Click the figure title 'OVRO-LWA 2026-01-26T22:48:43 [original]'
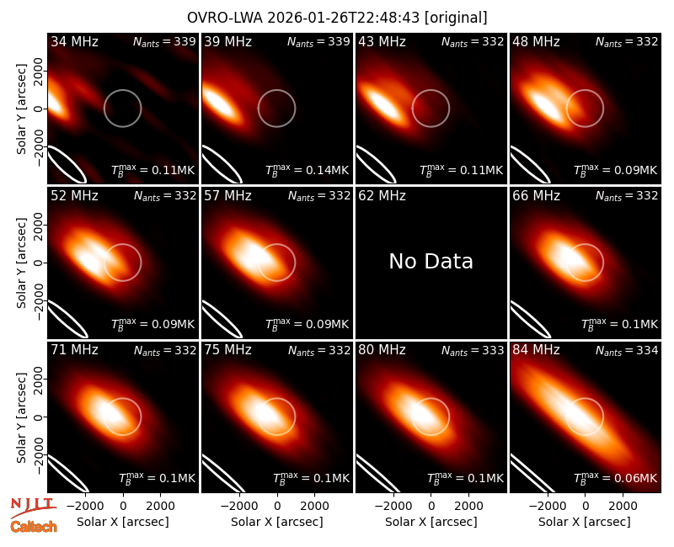pos(337,18)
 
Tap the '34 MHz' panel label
pos(74,41)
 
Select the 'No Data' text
pos(431,261)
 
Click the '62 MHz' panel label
pos(382,196)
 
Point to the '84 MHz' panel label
pos(536,350)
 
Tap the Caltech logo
pos(34,527)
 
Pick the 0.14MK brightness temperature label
pos(307,170)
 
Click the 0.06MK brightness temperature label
pos(616,477)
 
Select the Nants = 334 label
pos(627,351)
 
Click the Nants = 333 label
pos(473,351)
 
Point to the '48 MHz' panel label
pos(536,41)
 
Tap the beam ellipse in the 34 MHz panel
pos(67,164)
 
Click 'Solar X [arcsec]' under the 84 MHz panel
pos(585,522)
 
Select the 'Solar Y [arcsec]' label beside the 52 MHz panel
pos(21,263)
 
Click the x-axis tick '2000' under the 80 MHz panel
pos(468,507)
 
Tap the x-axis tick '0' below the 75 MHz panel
pos(277,507)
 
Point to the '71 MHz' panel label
pos(74,350)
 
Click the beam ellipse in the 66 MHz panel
pos(531,319)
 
